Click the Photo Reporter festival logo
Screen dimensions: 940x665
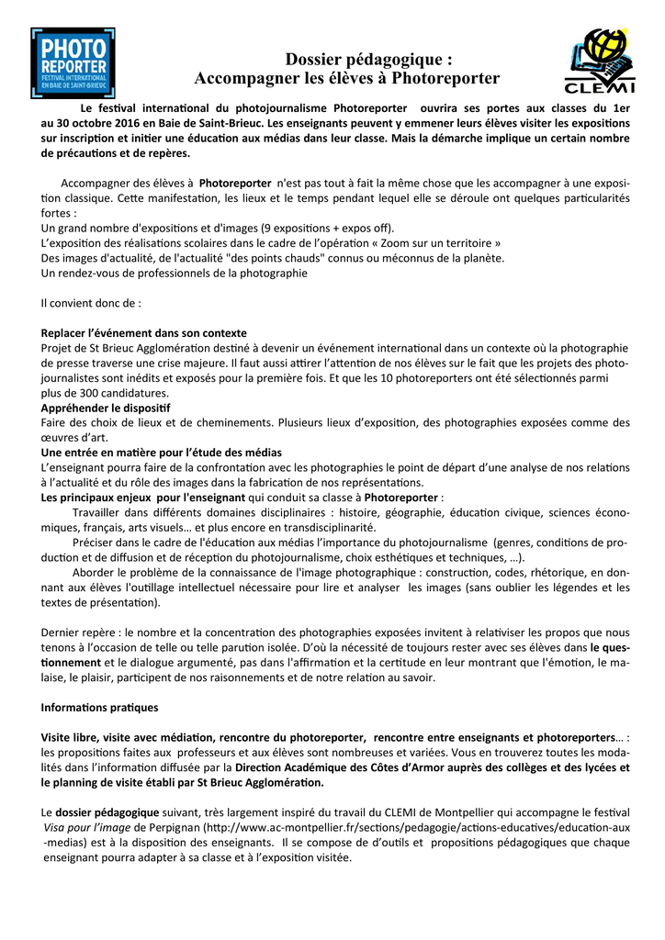coord(73,63)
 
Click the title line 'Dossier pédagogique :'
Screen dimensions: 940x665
coord(369,60)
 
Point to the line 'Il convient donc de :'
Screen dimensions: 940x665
coord(92,302)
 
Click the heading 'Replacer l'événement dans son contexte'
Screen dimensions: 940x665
coord(144,332)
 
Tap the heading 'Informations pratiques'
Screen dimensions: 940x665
coord(100,707)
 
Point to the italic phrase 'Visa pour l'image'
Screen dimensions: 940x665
coord(85,828)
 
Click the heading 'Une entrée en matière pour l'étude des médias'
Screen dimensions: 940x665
coord(162,453)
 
